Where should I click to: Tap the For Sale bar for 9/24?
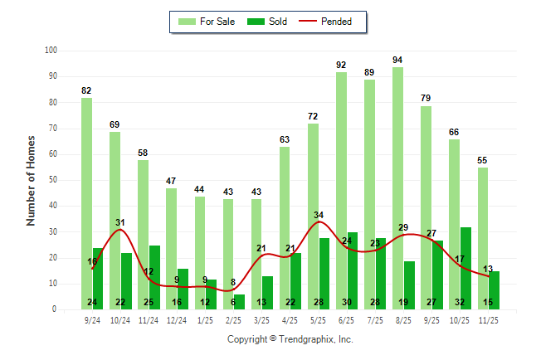(x=86, y=203)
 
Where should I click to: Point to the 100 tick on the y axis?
(x=51, y=51)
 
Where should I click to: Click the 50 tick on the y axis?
(x=52, y=180)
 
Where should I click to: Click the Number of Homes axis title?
(x=32, y=180)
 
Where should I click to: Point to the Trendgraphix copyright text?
(x=290, y=339)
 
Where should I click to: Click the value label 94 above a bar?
(x=397, y=60)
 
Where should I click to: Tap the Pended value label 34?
(x=319, y=216)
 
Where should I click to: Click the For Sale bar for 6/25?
(x=341, y=190)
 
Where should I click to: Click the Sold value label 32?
(x=465, y=302)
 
